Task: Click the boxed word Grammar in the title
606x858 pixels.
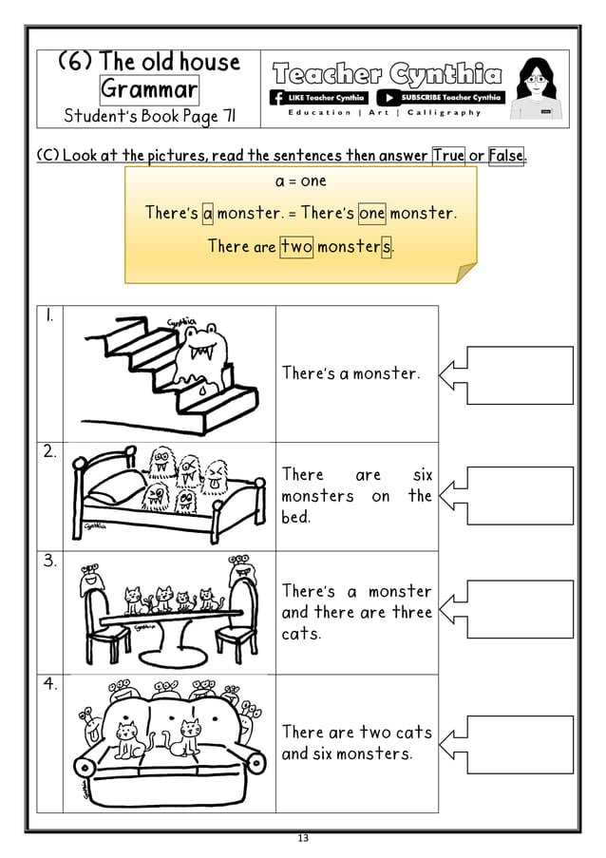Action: coord(149,90)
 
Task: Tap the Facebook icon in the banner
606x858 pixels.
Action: coord(277,97)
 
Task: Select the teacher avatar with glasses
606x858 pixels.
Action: coord(538,88)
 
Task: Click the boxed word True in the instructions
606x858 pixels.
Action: coord(448,155)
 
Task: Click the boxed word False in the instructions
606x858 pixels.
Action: coord(505,155)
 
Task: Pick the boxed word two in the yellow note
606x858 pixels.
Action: coord(296,247)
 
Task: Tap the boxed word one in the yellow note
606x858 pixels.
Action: coord(371,213)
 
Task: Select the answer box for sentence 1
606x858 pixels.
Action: coord(521,374)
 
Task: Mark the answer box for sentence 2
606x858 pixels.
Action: coord(521,495)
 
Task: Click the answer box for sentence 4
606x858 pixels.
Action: coord(521,744)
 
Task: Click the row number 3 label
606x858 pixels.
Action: coord(49,562)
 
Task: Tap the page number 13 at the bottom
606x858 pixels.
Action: coord(303,838)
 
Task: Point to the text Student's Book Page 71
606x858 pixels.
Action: coord(149,117)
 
